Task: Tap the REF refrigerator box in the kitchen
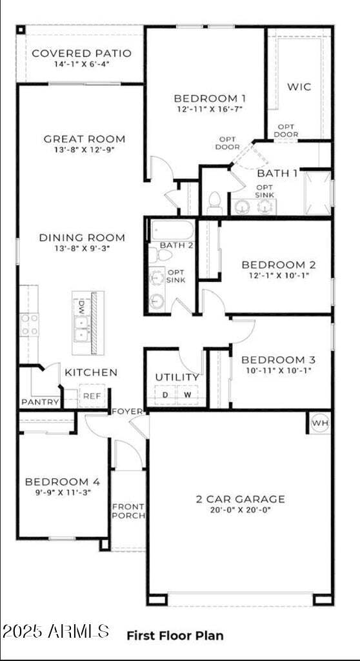coord(92,396)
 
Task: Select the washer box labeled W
coord(188,394)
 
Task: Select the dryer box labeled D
coord(165,394)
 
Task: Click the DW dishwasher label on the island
coord(83,305)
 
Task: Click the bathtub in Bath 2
coord(172,230)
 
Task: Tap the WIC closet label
coord(299,86)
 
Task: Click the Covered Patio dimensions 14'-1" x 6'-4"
coord(81,65)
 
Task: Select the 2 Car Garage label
coord(240,498)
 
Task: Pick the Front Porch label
coord(128,511)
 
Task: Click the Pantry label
coord(40,402)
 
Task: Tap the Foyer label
coord(127,411)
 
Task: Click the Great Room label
coord(85,139)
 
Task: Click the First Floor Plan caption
coord(175,636)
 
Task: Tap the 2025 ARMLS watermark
coord(55,631)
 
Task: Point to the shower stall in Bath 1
coord(317,192)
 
